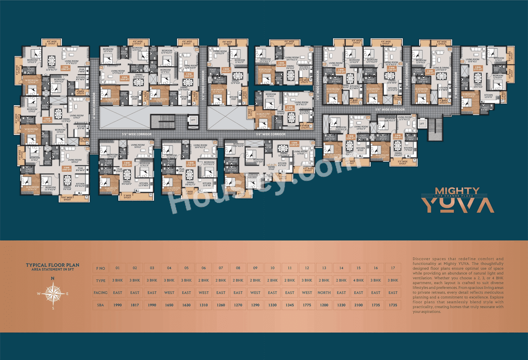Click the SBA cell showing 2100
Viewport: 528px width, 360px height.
[x=358, y=305]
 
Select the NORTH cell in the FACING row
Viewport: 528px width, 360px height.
[x=324, y=293]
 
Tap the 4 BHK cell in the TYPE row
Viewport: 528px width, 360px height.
[x=358, y=280]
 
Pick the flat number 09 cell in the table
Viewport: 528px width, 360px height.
[x=255, y=268]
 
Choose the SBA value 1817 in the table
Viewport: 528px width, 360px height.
[x=134, y=305]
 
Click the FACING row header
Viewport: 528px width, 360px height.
[x=100, y=293]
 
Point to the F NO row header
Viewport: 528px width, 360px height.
[x=100, y=268]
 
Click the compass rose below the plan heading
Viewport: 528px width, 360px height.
[x=52, y=293]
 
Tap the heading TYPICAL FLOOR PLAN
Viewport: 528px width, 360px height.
[x=52, y=265]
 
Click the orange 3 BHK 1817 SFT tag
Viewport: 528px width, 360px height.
[x=47, y=120]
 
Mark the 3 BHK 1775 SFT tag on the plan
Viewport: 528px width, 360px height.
[x=478, y=68]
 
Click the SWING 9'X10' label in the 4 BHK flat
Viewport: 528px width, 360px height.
[x=271, y=168]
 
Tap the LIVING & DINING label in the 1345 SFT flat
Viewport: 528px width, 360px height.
[x=441, y=68]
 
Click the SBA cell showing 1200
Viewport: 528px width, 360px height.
[x=324, y=305]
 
